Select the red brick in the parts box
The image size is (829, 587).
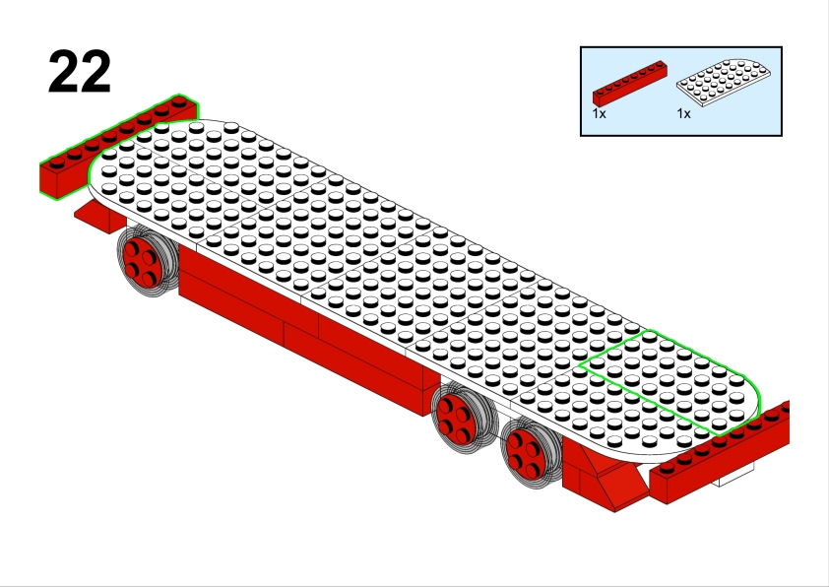coord(629,84)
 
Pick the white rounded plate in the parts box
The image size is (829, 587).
coord(724,82)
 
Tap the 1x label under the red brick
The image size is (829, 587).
coord(599,113)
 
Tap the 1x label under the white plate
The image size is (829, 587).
coord(683,113)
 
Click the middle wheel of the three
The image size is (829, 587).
coord(464,414)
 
